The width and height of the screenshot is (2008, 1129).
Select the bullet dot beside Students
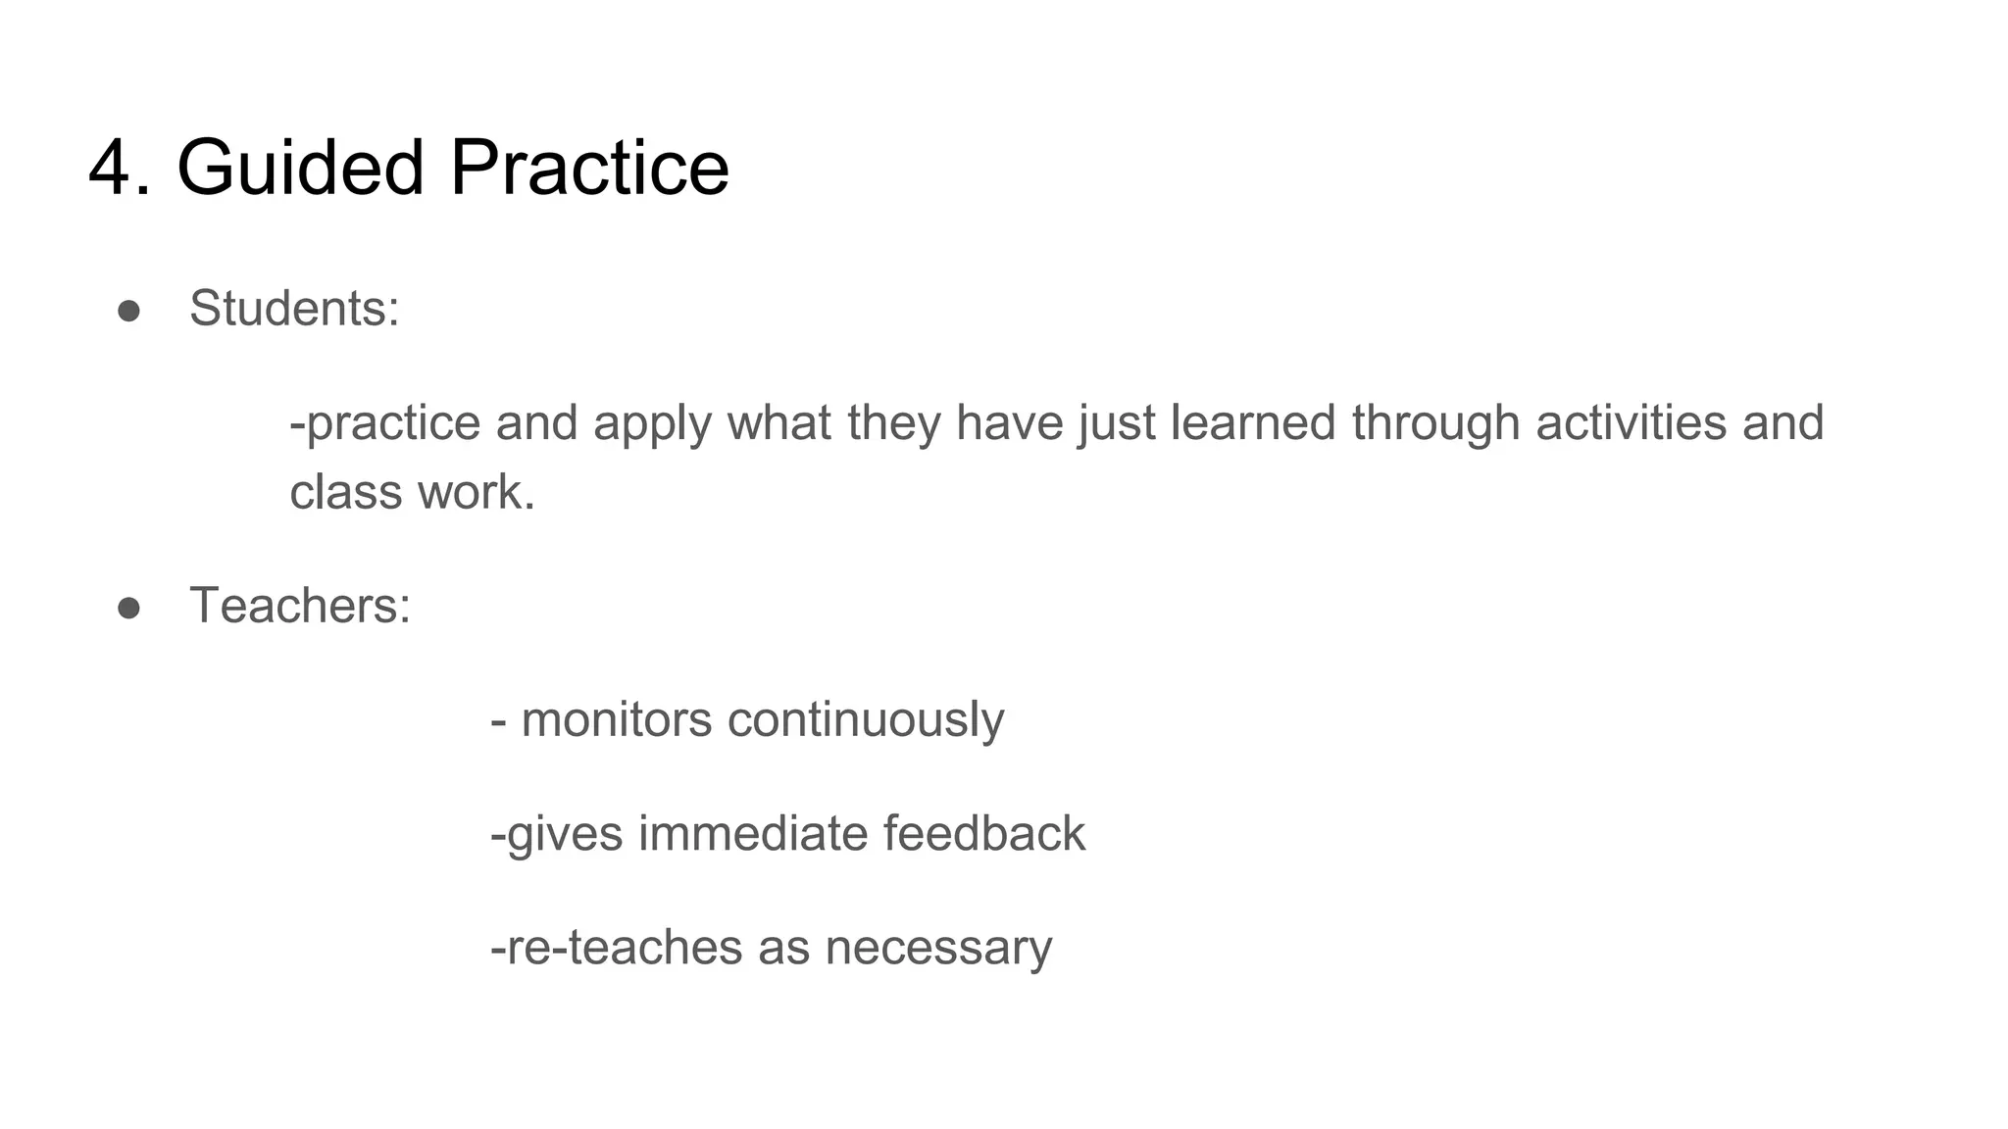(128, 311)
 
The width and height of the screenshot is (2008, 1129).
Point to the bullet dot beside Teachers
(128, 608)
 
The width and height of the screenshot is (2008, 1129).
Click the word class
(346, 492)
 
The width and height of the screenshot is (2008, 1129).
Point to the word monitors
(617, 720)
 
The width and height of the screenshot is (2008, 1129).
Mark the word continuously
(866, 720)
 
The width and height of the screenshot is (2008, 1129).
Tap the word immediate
(753, 834)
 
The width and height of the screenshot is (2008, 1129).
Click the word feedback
(984, 834)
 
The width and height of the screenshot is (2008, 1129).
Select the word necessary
(938, 949)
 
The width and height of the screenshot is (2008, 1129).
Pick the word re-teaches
(620, 948)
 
